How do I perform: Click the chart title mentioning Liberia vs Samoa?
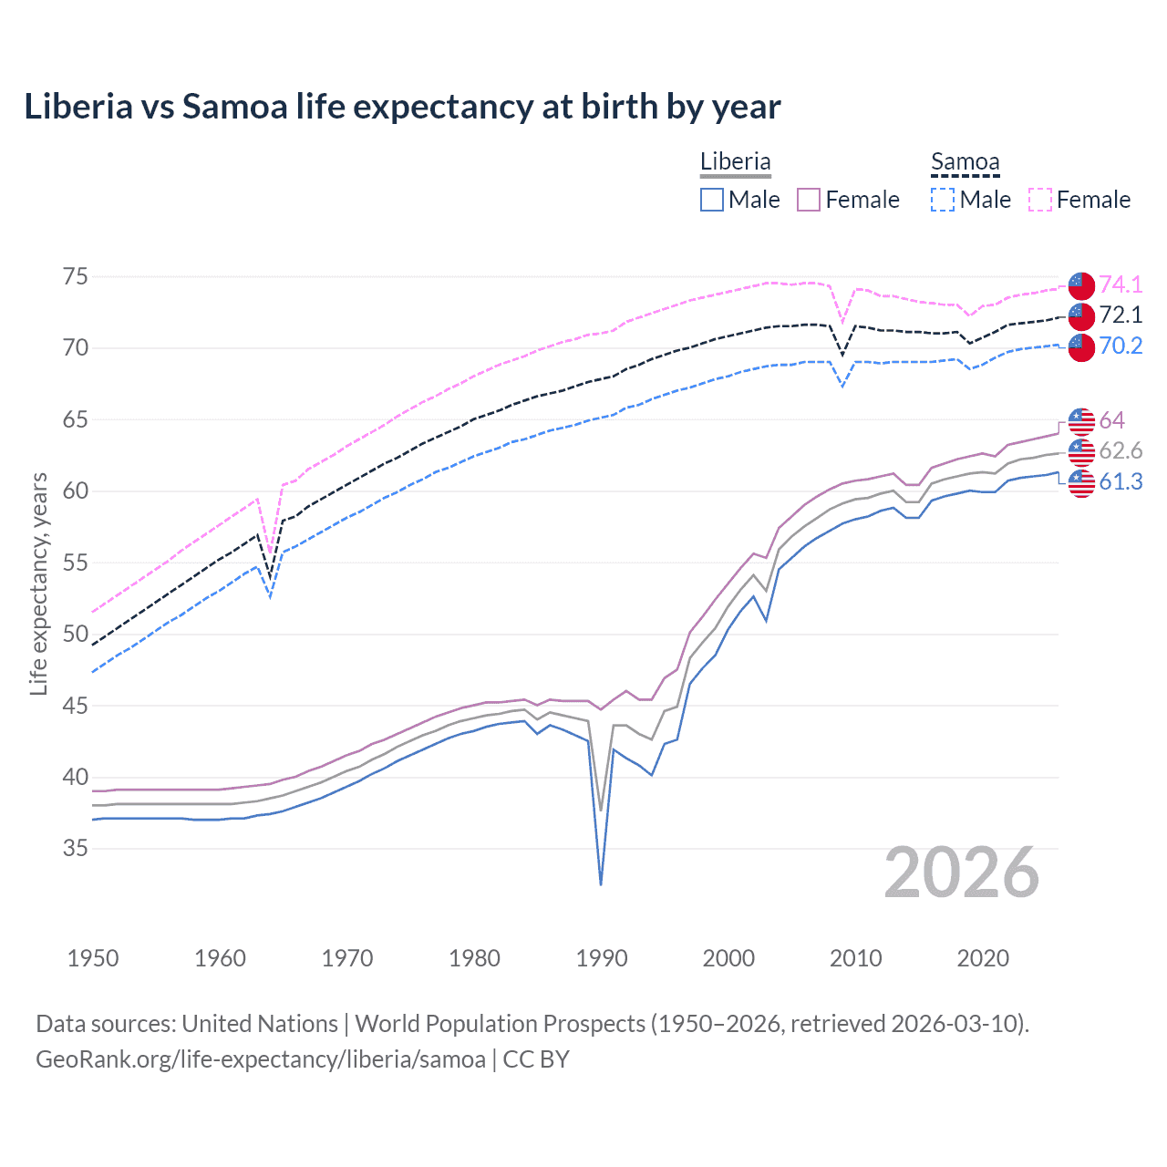pos(402,107)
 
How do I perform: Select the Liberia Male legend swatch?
pos(712,200)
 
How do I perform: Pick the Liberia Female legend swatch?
pos(809,200)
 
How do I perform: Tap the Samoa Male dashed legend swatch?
pos(943,200)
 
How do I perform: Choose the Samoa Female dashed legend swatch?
pos(1040,200)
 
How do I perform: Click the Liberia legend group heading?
pos(735,161)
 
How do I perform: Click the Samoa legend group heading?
pos(965,161)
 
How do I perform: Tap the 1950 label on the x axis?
pos(93,958)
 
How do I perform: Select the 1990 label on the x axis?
pos(602,958)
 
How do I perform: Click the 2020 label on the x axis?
pos(983,958)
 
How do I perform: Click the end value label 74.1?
pos(1121,284)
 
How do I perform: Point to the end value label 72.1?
pos(1121,315)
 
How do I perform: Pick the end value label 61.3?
pos(1121,482)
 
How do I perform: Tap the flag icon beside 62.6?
pos(1081,451)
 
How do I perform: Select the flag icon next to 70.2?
pos(1081,346)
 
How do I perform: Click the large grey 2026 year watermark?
pos(962,873)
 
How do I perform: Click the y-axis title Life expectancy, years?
pos(38,583)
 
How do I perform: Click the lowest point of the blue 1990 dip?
pos(601,884)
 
